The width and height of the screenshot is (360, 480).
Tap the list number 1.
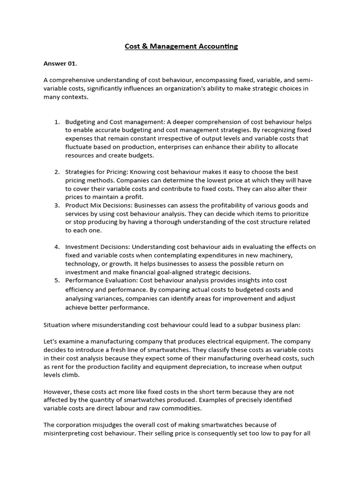click(x=57, y=122)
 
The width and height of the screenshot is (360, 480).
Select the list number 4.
click(x=57, y=247)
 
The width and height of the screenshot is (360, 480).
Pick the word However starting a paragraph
click(x=58, y=391)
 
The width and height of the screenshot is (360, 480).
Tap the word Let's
click(x=51, y=341)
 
